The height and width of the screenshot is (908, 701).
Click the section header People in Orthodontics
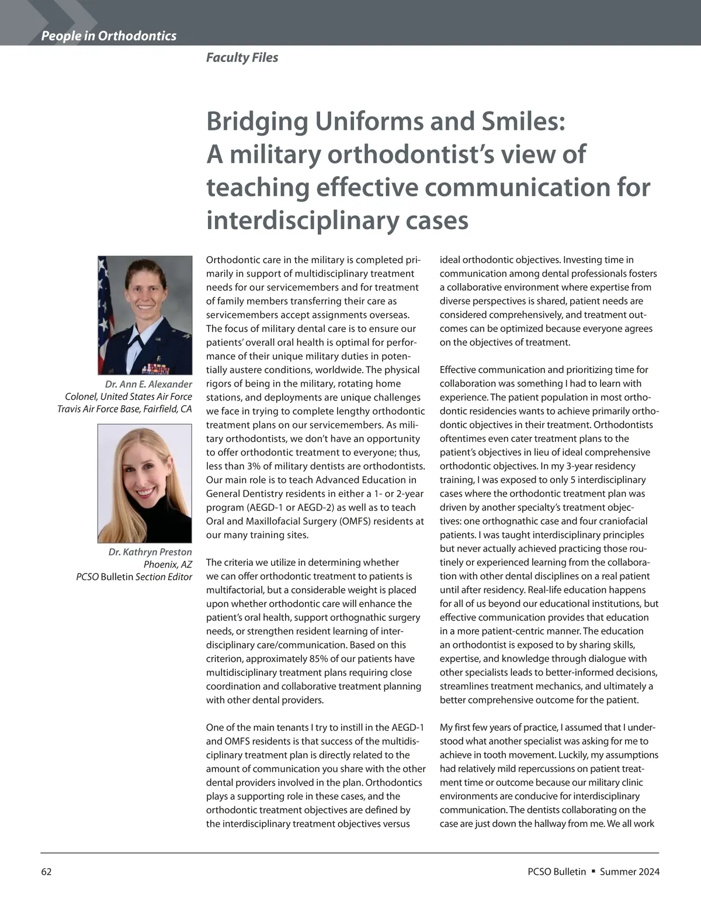[109, 36]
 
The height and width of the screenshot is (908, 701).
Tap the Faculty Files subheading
[242, 57]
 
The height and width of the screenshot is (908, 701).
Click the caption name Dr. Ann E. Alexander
[148, 384]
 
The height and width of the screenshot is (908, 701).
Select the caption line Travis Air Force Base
[124, 409]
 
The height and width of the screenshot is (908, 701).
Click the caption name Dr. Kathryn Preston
[150, 552]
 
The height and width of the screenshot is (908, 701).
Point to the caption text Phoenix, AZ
[168, 564]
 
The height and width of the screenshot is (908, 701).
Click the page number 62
[46, 872]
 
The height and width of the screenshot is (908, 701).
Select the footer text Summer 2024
[629, 872]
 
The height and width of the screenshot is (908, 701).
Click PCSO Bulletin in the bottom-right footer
[556, 872]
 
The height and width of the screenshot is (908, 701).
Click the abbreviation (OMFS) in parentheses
[360, 521]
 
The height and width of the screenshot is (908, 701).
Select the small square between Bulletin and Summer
[593, 871]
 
